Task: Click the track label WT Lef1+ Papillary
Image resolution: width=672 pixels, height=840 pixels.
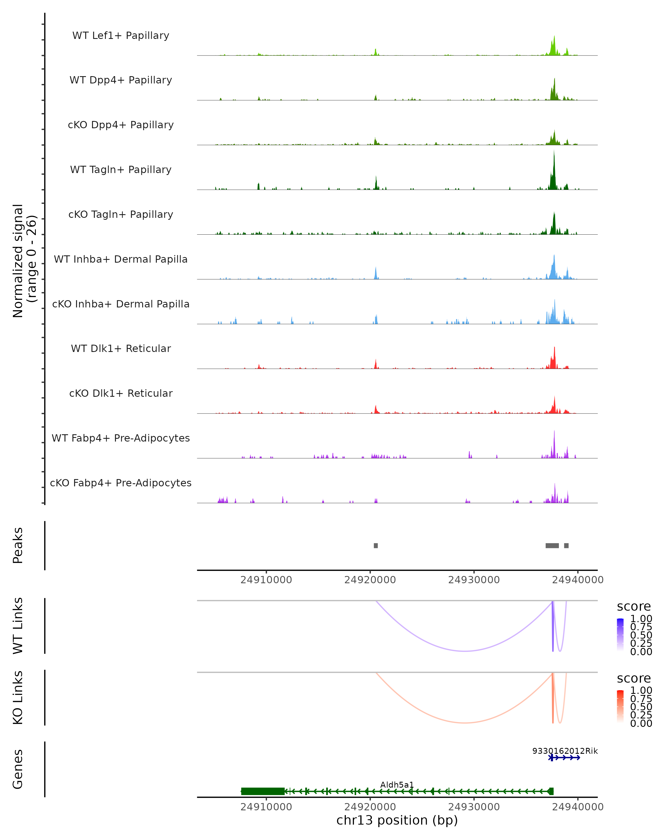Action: [x=121, y=36]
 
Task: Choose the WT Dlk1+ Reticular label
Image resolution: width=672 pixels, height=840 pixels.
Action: [x=121, y=348]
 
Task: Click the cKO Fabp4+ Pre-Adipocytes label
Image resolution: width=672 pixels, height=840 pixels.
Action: [x=121, y=483]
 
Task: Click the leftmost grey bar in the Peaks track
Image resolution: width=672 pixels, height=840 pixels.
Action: [x=375, y=545]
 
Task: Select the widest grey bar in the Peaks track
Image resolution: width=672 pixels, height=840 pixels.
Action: [x=552, y=545]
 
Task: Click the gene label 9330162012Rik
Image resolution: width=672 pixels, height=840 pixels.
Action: [x=564, y=751]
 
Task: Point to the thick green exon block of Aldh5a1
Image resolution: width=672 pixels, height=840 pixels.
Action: [x=263, y=791]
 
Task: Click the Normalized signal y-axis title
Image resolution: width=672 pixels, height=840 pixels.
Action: [x=24, y=261]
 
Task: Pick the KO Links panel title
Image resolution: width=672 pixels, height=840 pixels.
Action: [x=18, y=697]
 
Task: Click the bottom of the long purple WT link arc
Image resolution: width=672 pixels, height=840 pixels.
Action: [x=465, y=651]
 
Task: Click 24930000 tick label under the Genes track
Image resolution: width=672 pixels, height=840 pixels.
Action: [x=474, y=807]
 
